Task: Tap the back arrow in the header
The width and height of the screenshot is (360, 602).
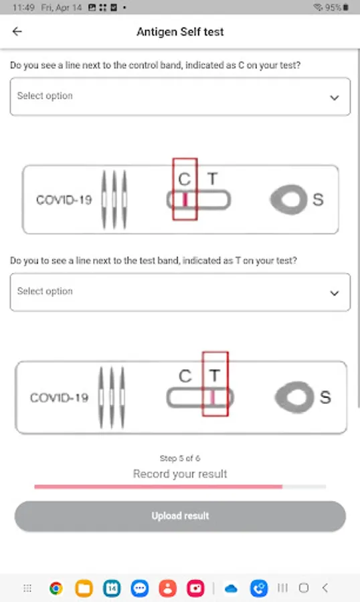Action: (x=17, y=31)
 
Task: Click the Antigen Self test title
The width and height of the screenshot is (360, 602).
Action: (x=180, y=32)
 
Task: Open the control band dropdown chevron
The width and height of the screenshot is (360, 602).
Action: (x=335, y=98)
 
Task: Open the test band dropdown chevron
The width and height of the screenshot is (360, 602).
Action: (x=335, y=294)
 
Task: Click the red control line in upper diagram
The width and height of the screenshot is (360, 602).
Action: (x=185, y=199)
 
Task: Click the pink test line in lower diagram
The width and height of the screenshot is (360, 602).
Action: (x=213, y=398)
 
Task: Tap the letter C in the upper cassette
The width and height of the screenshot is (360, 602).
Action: (x=185, y=179)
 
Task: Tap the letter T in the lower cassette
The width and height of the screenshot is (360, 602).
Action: (x=214, y=375)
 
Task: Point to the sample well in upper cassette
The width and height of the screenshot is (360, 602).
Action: (x=289, y=199)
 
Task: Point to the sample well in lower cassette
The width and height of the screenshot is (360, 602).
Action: (x=295, y=397)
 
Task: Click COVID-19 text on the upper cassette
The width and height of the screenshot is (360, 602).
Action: (x=64, y=199)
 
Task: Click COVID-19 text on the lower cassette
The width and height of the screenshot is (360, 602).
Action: (x=59, y=397)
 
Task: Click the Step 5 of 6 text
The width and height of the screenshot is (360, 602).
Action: (x=180, y=458)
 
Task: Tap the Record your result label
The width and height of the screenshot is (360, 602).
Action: (x=180, y=474)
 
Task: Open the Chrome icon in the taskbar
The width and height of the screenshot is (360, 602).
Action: (x=56, y=588)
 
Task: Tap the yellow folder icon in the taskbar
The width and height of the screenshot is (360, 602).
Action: (x=84, y=588)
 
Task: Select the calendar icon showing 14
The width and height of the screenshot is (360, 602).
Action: (x=112, y=588)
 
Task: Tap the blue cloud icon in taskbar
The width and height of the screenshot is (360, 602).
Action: (x=231, y=588)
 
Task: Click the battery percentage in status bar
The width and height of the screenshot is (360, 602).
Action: (x=333, y=7)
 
